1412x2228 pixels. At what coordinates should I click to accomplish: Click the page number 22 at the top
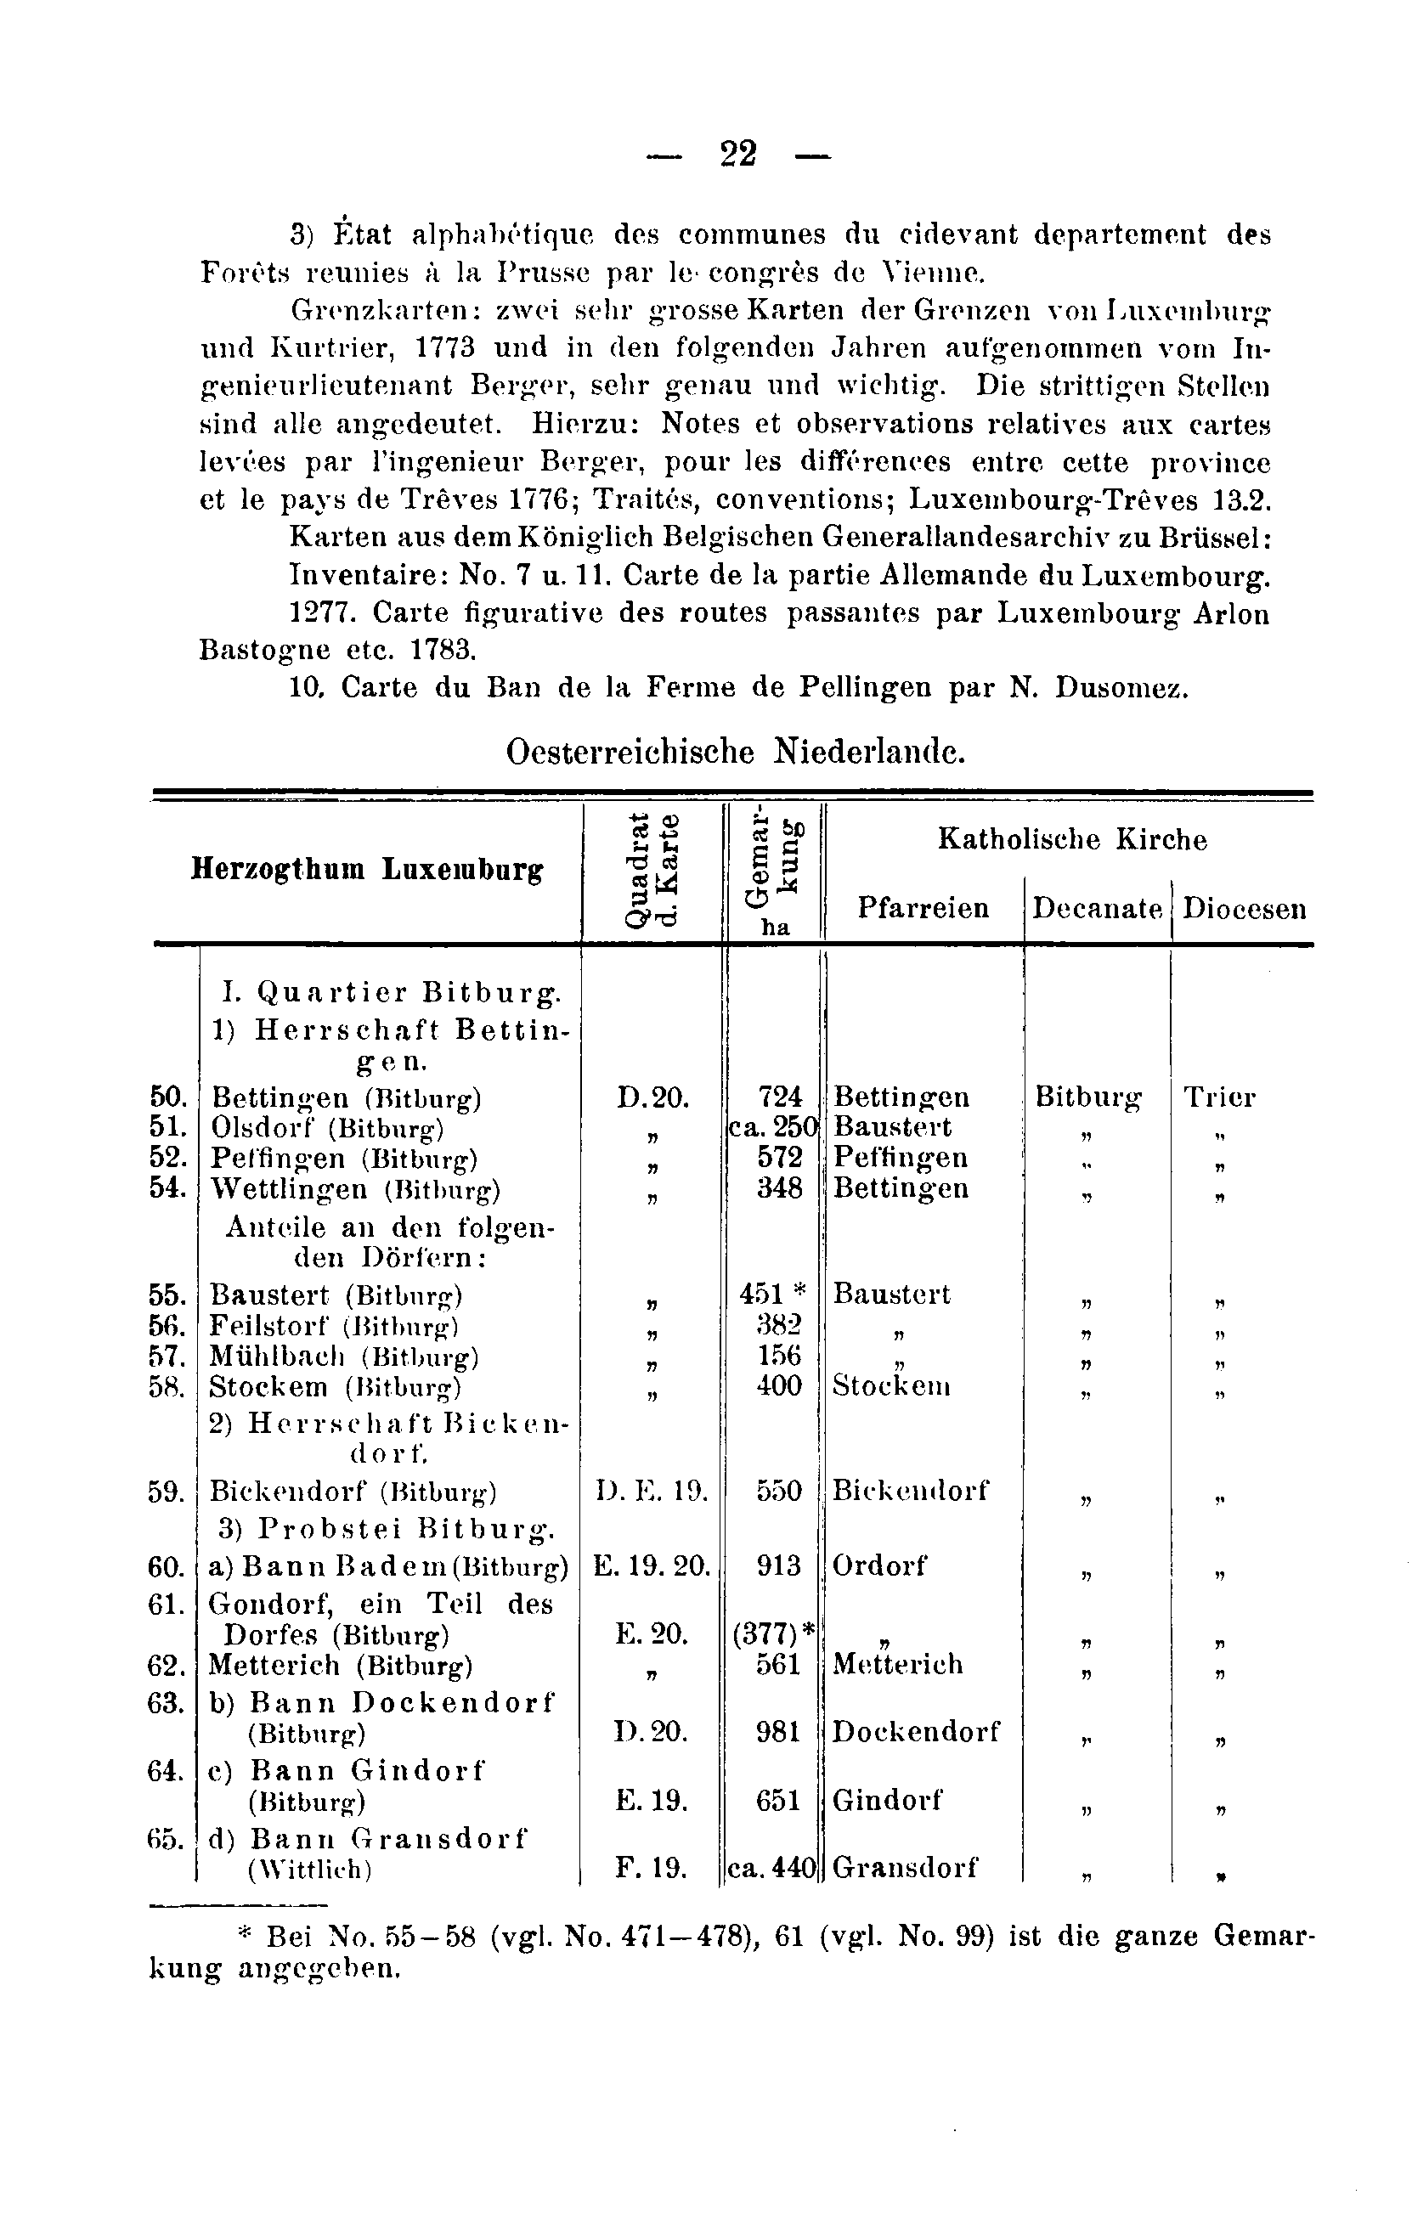738,154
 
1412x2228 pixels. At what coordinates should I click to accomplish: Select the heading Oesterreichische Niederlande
736,751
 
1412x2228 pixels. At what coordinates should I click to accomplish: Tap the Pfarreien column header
923,908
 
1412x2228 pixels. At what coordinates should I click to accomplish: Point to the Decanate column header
1097,908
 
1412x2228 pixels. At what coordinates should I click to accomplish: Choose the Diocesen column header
1245,908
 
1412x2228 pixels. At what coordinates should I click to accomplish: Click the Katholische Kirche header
1072,839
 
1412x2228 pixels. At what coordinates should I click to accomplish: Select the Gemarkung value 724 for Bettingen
779,1097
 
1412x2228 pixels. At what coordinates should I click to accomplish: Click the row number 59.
167,1492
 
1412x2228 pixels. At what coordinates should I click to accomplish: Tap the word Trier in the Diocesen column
1219,1097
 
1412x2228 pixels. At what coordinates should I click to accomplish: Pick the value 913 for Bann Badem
778,1565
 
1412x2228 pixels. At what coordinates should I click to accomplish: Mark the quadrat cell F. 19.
652,1868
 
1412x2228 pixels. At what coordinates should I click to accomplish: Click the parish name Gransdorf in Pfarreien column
904,1868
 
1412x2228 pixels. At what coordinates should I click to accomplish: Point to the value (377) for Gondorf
767,1634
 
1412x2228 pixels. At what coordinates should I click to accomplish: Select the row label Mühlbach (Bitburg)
343,1357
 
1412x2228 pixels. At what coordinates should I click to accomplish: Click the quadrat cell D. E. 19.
652,1492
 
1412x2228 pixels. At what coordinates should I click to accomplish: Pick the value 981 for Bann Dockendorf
778,1731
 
